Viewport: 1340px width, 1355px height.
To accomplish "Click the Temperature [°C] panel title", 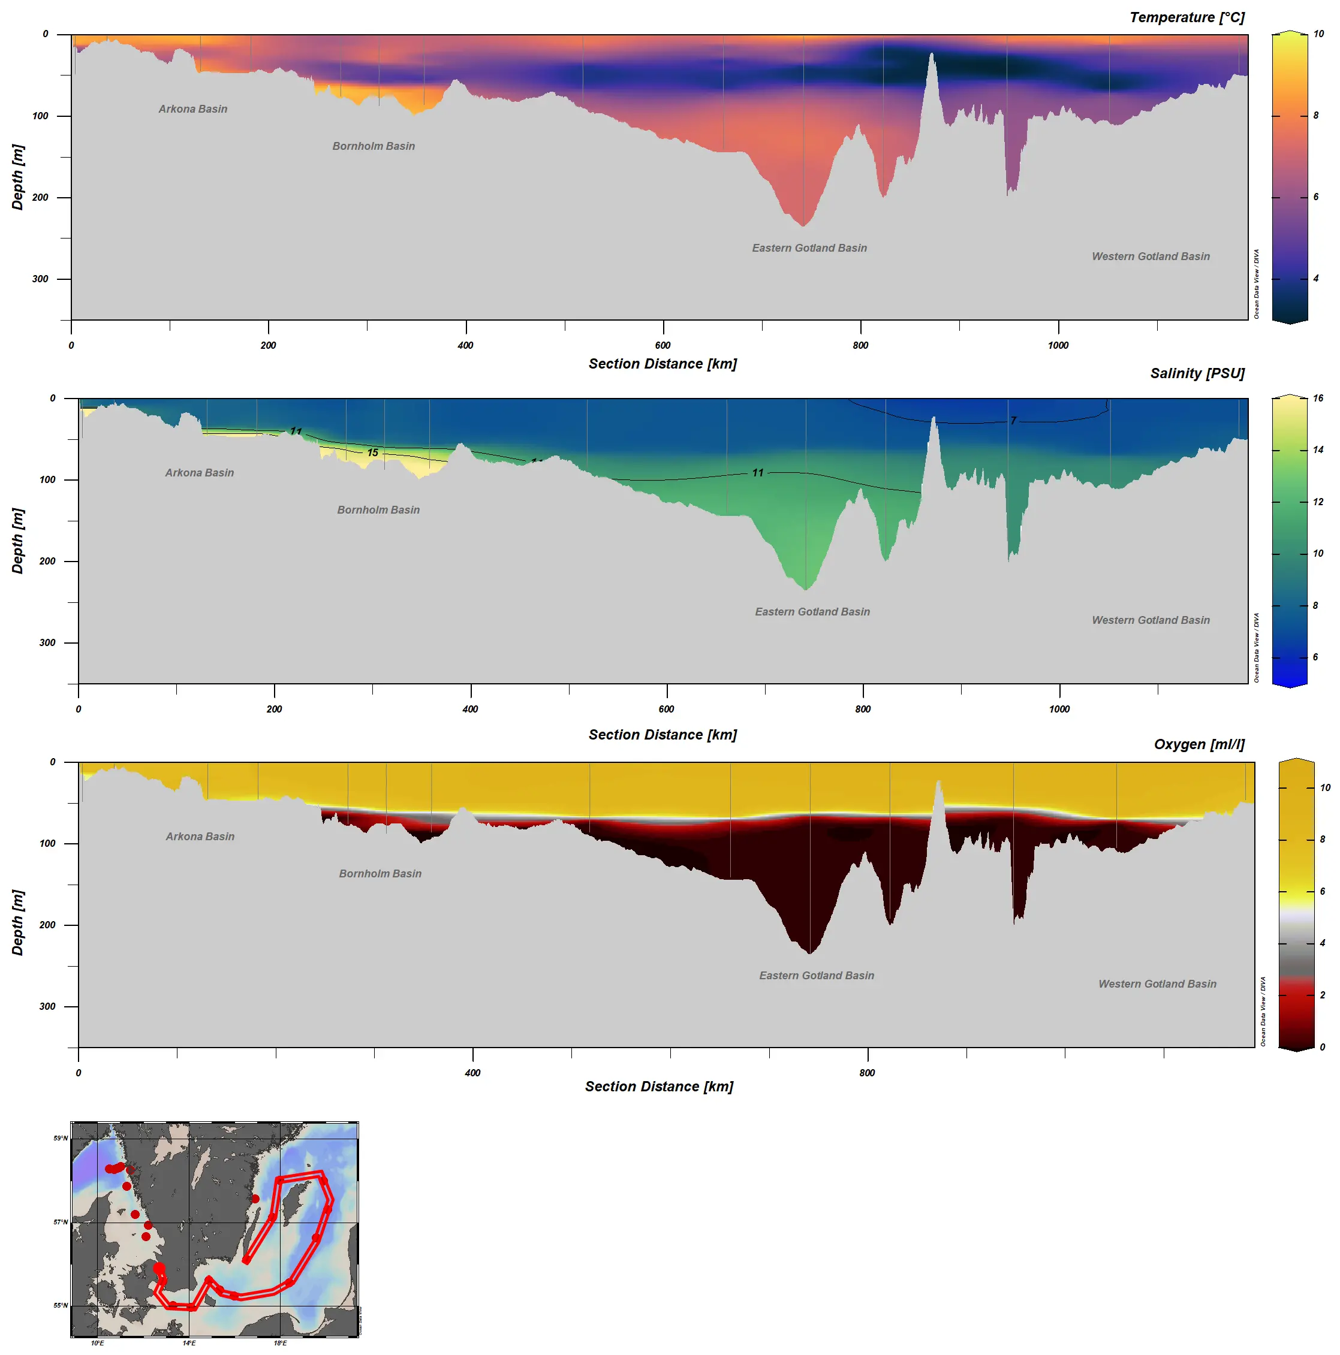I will (1187, 17).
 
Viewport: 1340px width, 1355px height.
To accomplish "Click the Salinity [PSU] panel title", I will (1197, 373).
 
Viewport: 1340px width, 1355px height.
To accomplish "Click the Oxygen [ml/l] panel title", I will (1199, 744).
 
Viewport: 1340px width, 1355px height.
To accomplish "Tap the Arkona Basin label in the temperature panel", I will (193, 108).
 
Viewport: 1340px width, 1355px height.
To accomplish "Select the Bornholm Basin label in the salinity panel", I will (378, 510).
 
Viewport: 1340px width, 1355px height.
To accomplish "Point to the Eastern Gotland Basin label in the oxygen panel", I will (817, 976).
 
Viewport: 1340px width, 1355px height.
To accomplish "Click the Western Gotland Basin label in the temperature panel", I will (1151, 256).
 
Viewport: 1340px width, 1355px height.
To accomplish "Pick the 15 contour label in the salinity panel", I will (372, 452).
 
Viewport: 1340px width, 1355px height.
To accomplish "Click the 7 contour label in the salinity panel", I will (1013, 421).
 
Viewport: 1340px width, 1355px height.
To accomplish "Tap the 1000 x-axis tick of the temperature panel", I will (1058, 345).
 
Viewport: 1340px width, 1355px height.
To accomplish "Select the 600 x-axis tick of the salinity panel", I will (667, 709).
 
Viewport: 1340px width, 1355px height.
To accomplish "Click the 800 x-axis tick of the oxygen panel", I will (867, 1073).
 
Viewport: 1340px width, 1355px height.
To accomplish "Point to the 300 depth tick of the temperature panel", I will (40, 279).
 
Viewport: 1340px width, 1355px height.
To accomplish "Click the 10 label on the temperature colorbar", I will (1319, 34).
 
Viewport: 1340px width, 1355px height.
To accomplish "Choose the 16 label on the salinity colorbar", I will (1318, 399).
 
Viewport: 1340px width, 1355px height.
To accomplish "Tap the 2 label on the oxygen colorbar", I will (1323, 995).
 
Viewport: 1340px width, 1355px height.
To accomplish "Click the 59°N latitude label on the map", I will (61, 1138).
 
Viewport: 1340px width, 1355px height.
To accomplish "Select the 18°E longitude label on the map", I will (280, 1343).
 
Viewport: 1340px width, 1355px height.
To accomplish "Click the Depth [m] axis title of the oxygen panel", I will (17, 922).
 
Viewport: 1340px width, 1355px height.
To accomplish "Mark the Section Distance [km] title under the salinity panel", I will (663, 734).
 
